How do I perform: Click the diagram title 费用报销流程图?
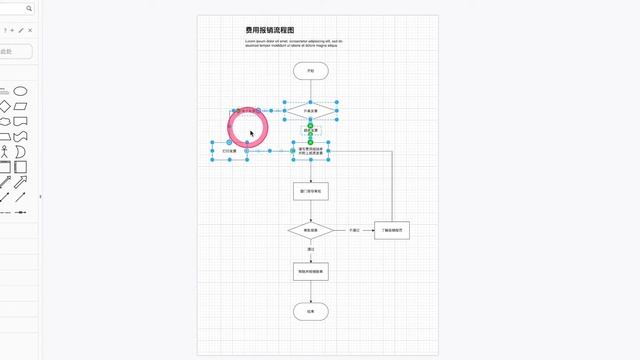pyautogui.click(x=270, y=30)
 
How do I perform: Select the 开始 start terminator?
pyautogui.click(x=311, y=71)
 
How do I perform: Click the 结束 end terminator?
pyautogui.click(x=311, y=311)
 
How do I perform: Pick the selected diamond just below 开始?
pyautogui.click(x=311, y=110)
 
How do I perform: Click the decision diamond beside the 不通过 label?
pyautogui.click(x=311, y=230)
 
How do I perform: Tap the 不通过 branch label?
pyautogui.click(x=354, y=230)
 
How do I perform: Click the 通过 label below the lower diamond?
pyautogui.click(x=311, y=250)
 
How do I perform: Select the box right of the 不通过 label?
pyautogui.click(x=392, y=230)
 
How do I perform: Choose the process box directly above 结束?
pyautogui.click(x=311, y=271)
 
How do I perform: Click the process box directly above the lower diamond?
pyautogui.click(x=311, y=190)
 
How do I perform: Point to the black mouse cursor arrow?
pyautogui.click(x=252, y=132)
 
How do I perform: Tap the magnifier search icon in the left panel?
pyautogui.click(x=28, y=8)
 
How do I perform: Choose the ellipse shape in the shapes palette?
pyautogui.click(x=20, y=91)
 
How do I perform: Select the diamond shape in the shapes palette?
pyautogui.click(x=4, y=106)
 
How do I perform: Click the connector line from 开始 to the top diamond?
pyautogui.click(x=311, y=89)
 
